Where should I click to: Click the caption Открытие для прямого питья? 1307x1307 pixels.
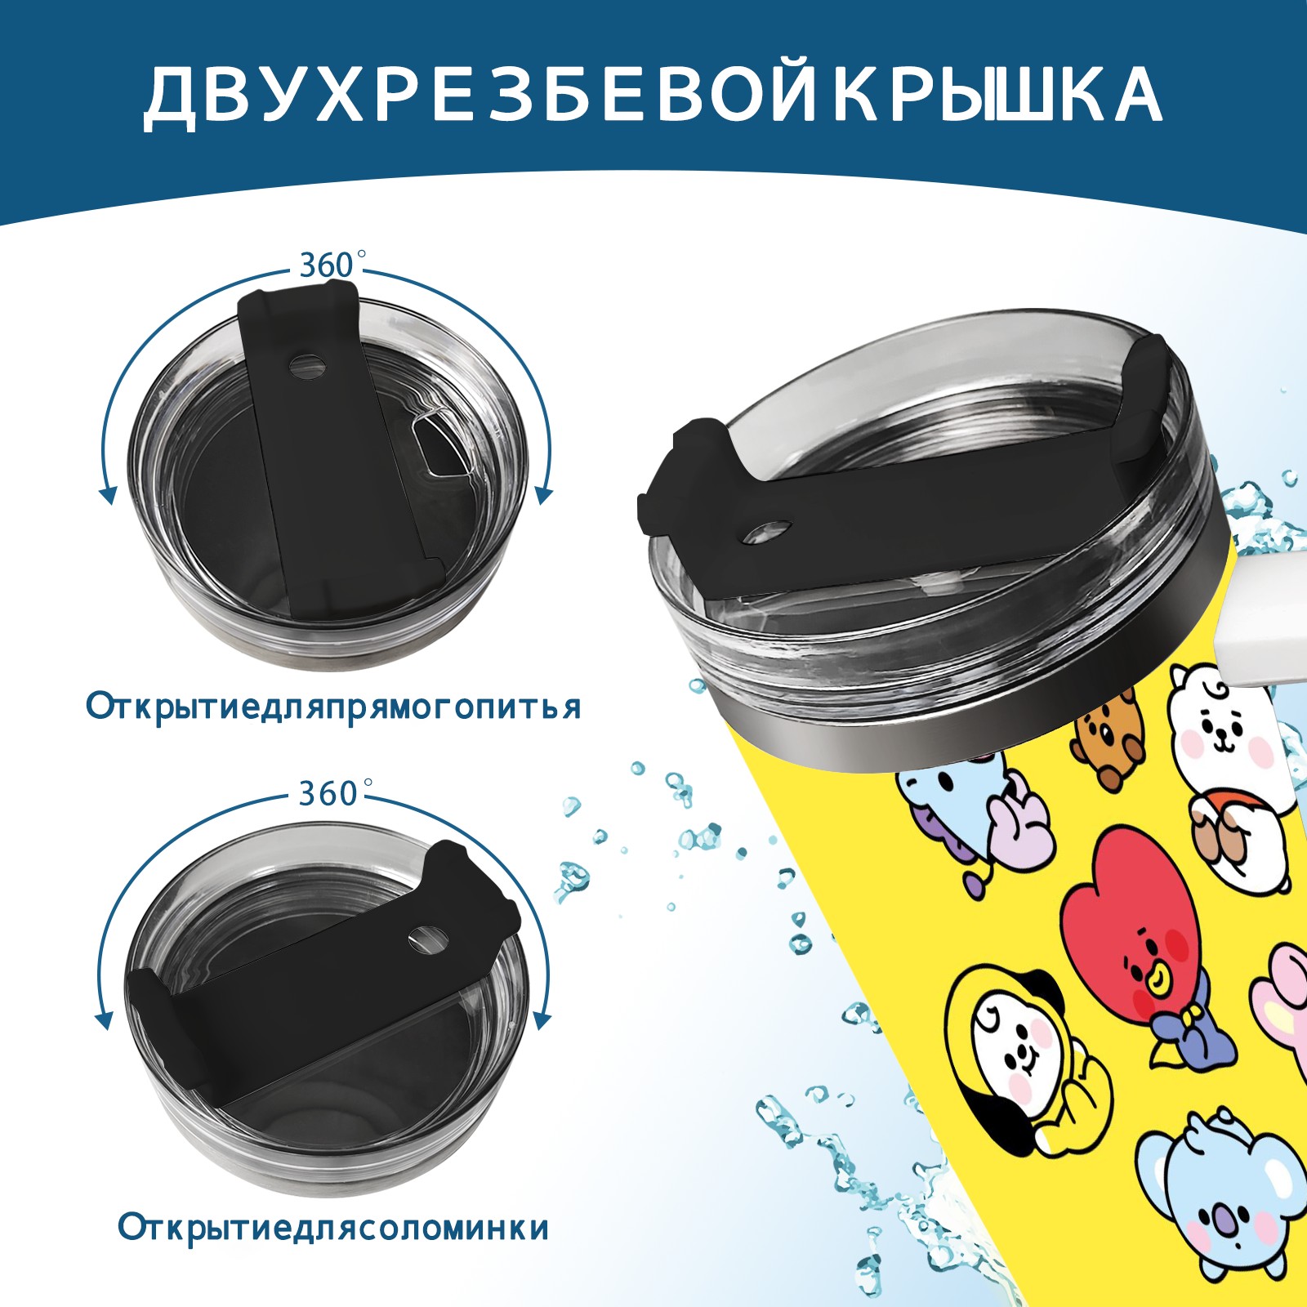(x=333, y=707)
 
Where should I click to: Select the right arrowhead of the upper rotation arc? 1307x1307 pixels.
(x=545, y=494)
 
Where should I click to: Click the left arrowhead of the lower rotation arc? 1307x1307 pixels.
(x=104, y=1020)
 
